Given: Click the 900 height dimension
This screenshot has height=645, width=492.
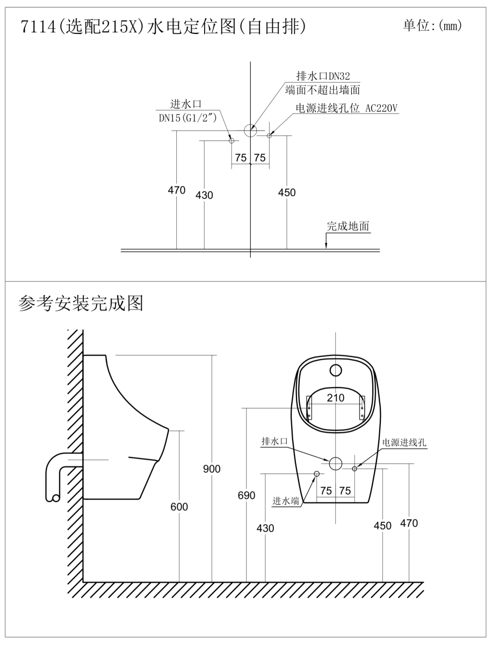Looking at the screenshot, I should (x=212, y=469).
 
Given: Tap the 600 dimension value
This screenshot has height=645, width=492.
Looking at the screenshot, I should (x=179, y=507).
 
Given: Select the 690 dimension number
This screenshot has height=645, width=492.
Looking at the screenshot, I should (x=247, y=496).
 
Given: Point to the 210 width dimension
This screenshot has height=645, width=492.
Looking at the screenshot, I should (x=335, y=398).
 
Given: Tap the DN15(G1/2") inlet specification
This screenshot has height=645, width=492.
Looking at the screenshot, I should (x=187, y=118).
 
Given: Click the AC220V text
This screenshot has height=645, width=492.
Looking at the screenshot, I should (x=381, y=108).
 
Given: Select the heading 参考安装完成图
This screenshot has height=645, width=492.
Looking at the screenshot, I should (x=81, y=304).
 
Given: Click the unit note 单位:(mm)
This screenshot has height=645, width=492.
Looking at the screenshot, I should (x=432, y=25).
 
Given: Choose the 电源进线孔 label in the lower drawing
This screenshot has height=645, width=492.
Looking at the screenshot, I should (x=404, y=442).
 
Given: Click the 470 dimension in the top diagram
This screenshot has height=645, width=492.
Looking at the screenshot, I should (x=176, y=190).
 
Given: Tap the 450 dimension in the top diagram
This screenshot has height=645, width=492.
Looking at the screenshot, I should (x=287, y=192).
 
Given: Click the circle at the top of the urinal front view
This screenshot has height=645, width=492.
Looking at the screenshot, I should (x=336, y=370).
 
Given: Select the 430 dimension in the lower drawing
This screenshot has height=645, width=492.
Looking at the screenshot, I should (x=265, y=528).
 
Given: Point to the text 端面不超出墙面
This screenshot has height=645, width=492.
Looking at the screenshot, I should (x=322, y=90).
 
